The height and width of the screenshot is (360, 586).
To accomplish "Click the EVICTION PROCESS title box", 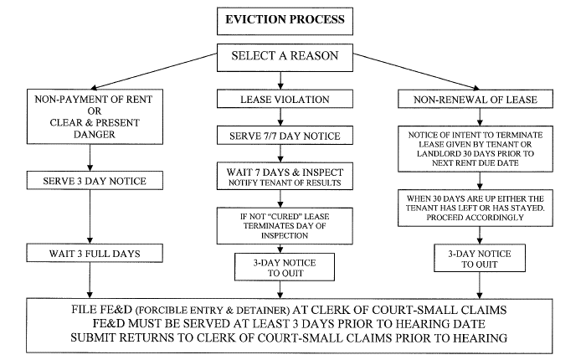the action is pos(285,21).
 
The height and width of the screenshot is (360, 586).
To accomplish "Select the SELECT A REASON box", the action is pos(285,58).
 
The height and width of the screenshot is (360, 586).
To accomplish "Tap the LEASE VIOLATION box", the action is pos(285,99).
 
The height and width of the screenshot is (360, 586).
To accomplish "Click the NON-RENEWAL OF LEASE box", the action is pos(475,99).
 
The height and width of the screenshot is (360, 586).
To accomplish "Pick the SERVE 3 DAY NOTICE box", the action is pos(95,181).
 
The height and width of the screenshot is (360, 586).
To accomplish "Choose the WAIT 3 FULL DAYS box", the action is pos(95,253).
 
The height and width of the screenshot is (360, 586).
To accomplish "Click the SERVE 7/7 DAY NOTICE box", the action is pos(285,136).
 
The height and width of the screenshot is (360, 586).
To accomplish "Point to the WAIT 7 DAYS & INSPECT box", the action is pos(285,176).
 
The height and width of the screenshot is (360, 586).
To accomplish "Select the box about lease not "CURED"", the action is pos(285,226).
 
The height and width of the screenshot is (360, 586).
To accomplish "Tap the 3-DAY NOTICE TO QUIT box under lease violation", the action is pos(285,267).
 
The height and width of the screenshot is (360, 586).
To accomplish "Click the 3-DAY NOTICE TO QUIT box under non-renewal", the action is pos(480,258).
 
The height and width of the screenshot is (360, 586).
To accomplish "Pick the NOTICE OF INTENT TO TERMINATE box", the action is pos(475,149).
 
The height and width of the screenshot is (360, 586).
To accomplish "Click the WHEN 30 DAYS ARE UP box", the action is pos(475,208).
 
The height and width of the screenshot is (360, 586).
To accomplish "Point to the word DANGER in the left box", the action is pos(94,134).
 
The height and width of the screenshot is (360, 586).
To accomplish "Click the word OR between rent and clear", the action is pos(94,111).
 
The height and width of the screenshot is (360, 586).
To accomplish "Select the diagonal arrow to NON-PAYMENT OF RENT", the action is pos(153,71).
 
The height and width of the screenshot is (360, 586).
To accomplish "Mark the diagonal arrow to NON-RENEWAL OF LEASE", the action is pos(416,71).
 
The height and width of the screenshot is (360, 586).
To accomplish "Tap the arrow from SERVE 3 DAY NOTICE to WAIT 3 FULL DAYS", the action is pos(90,217).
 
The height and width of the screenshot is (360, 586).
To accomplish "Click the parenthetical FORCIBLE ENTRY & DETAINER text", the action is pos(213,311).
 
